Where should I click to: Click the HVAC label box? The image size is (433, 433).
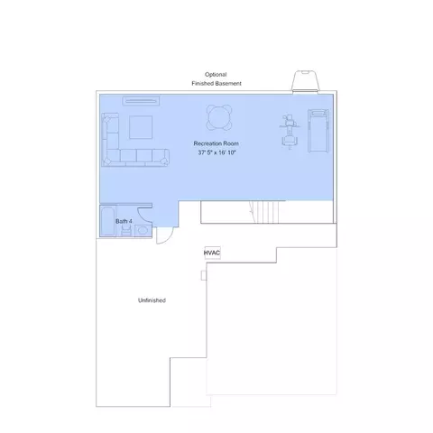pyautogui.click(x=212, y=253)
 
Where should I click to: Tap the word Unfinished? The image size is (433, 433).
pyautogui.click(x=152, y=300)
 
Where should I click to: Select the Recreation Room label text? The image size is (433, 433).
pyautogui.click(x=216, y=143)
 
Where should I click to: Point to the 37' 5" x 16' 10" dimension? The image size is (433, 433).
pyautogui.click(x=216, y=152)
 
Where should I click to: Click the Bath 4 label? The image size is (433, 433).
pyautogui.click(x=124, y=221)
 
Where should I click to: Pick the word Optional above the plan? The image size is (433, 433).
pyautogui.click(x=216, y=74)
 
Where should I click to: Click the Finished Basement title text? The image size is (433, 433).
pyautogui.click(x=216, y=83)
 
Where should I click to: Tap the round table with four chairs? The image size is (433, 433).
pyautogui.click(x=219, y=117)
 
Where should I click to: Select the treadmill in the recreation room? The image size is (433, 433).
pyautogui.click(x=318, y=131)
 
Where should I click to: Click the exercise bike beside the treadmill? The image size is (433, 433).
pyautogui.click(x=290, y=132)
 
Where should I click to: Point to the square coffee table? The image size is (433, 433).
pyautogui.click(x=141, y=127)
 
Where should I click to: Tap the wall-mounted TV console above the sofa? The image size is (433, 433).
pyautogui.click(x=141, y=101)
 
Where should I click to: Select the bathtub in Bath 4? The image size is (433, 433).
pyautogui.click(x=107, y=221)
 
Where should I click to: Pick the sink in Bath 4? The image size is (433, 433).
pyautogui.click(x=143, y=231)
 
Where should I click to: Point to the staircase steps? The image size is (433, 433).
pyautogui.click(x=264, y=212)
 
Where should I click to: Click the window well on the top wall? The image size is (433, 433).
pyautogui.click(x=305, y=80)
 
